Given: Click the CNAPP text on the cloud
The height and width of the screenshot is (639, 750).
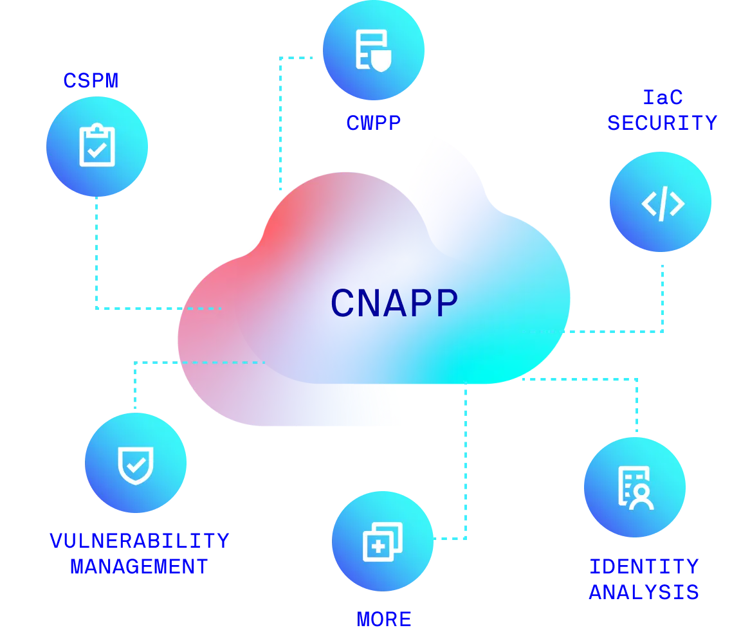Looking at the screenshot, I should [x=394, y=303].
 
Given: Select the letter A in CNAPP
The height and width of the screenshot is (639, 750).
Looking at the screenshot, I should [x=399, y=303].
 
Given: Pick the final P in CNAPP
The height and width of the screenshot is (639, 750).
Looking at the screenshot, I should [x=446, y=303].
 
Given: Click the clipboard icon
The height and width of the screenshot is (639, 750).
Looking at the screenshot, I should [x=97, y=146].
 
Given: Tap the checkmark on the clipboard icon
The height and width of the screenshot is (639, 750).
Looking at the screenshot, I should [x=97, y=151].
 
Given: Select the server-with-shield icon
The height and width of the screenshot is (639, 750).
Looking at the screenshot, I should [x=373, y=50].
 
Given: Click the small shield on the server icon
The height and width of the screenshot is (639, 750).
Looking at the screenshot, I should [x=381, y=62].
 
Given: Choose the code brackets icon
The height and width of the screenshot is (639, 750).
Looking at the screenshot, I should [x=663, y=203].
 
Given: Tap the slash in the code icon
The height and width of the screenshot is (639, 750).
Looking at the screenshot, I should [x=663, y=203].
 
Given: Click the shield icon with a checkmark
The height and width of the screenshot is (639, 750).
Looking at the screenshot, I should [x=135, y=464].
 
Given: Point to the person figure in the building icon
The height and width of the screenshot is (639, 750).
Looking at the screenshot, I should [x=641, y=497].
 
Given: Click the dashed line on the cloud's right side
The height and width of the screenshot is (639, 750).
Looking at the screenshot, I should [x=540, y=332].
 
